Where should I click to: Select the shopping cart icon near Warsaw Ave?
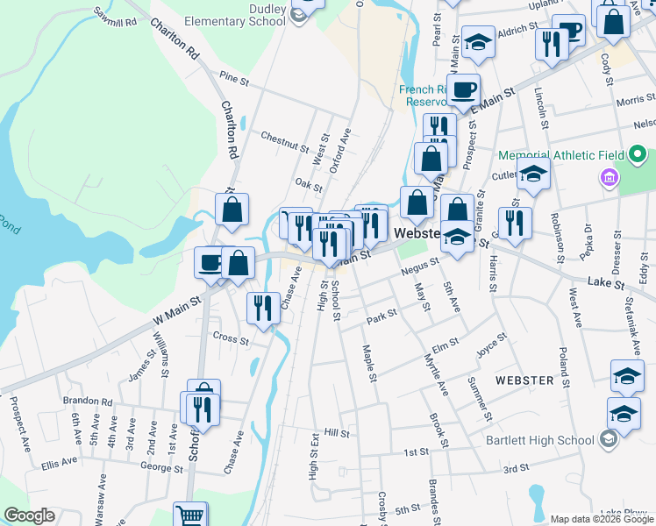coord(189,514)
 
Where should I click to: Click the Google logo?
coord(29,515)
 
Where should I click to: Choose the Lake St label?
coord(605,282)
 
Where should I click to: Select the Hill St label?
coord(337,433)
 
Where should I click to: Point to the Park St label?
coord(382,316)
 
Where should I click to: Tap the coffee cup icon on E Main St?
coord(462,89)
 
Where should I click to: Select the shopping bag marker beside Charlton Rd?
coord(232,210)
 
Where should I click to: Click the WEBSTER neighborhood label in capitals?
coord(524,380)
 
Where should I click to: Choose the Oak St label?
coord(309,184)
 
